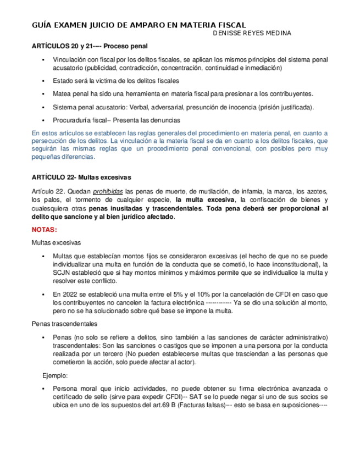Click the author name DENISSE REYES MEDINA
252,34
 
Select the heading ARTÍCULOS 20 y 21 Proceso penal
90,46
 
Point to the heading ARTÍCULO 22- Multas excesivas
81,177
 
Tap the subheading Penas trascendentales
65,323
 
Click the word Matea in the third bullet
62,93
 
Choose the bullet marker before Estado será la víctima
43,80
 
